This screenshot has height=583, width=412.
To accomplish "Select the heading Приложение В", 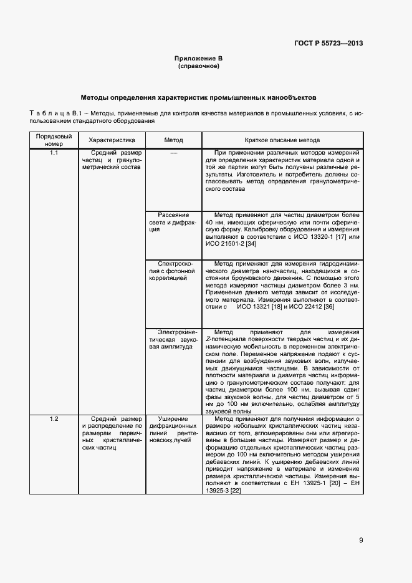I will pos(199,58).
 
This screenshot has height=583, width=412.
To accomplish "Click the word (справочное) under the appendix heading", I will pos(199,65).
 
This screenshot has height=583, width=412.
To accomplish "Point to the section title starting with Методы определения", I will pos(199,98).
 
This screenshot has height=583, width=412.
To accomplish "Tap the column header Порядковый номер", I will pos(54,140).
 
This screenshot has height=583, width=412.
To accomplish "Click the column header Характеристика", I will pos(112,140).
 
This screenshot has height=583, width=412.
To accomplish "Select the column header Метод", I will pos(173,140).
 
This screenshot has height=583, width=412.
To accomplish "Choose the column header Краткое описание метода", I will pos(282,140).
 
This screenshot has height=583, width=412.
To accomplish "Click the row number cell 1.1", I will pos(54,153).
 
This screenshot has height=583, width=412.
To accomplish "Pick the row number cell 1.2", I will pos(54,418).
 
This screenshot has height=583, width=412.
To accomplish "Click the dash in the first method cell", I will pos(173,153).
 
